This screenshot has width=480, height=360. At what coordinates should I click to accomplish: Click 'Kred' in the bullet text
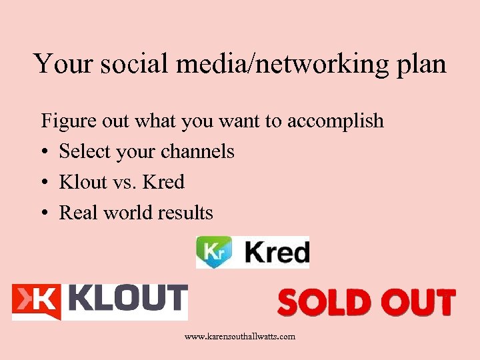coord(163,182)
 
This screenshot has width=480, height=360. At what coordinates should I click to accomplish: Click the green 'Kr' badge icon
coord(213,252)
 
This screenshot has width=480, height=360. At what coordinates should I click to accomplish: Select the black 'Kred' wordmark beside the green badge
coord(277,253)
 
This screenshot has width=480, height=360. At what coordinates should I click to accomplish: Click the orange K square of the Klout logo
coord(37,301)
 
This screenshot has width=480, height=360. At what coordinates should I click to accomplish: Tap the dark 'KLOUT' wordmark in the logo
coord(127,299)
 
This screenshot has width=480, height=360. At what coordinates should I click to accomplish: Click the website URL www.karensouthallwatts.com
coord(239,337)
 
